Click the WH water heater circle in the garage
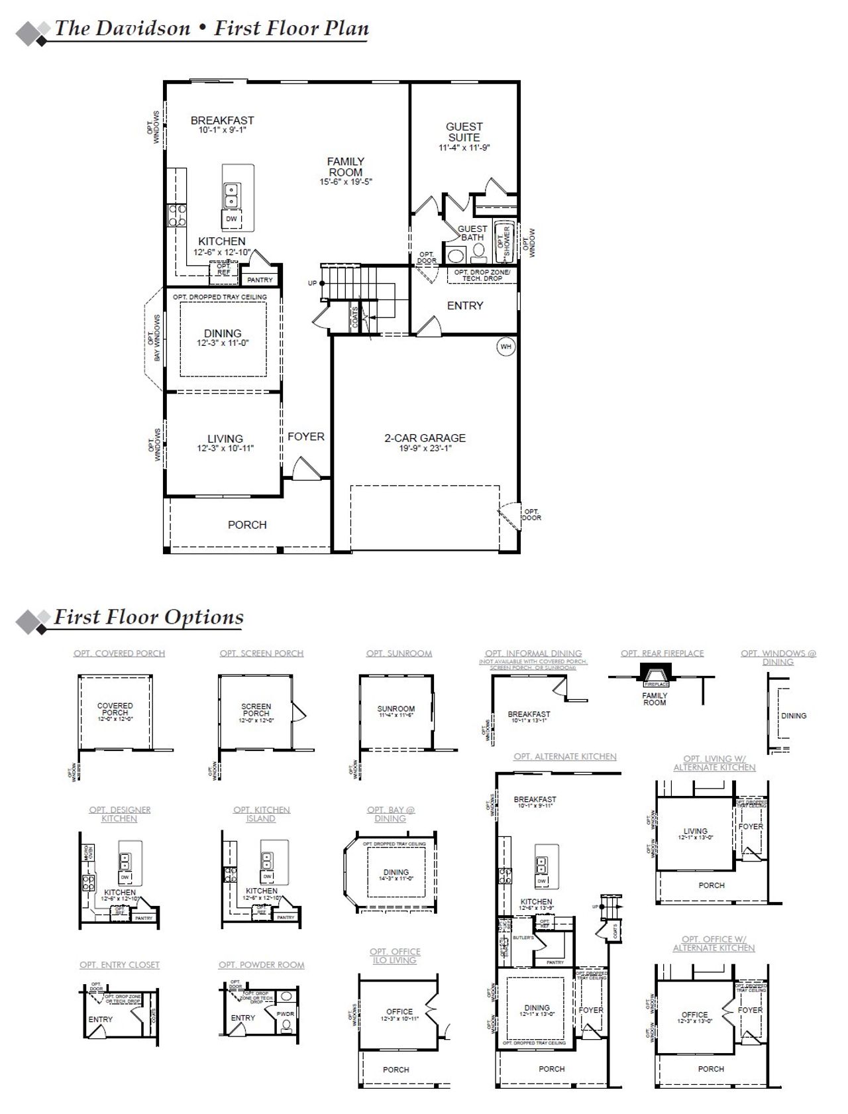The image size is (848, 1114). tap(505, 347)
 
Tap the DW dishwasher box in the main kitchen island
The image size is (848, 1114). tap(231, 219)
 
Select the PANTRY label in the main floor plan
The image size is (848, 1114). tap(260, 280)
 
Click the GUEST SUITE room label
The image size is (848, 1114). tap(464, 132)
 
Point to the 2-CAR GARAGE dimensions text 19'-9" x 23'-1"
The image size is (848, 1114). tap(425, 449)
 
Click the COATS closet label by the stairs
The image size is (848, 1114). tap(356, 317)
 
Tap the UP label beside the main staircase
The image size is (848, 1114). tap(313, 283)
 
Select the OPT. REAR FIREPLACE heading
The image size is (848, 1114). tap(662, 653)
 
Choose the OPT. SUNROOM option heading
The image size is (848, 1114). tap(399, 653)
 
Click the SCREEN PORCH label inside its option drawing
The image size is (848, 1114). tap(256, 710)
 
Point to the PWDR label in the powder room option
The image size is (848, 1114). tap(286, 1015)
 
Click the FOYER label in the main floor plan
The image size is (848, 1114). tap(305, 437)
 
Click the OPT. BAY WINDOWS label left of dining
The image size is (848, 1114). tap(155, 338)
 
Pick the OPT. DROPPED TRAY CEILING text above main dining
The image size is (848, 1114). tap(220, 297)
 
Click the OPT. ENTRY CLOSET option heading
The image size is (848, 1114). tap(119, 965)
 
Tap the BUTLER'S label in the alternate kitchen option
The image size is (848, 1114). tap(523, 938)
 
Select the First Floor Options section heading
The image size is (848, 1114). tap(148, 617)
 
